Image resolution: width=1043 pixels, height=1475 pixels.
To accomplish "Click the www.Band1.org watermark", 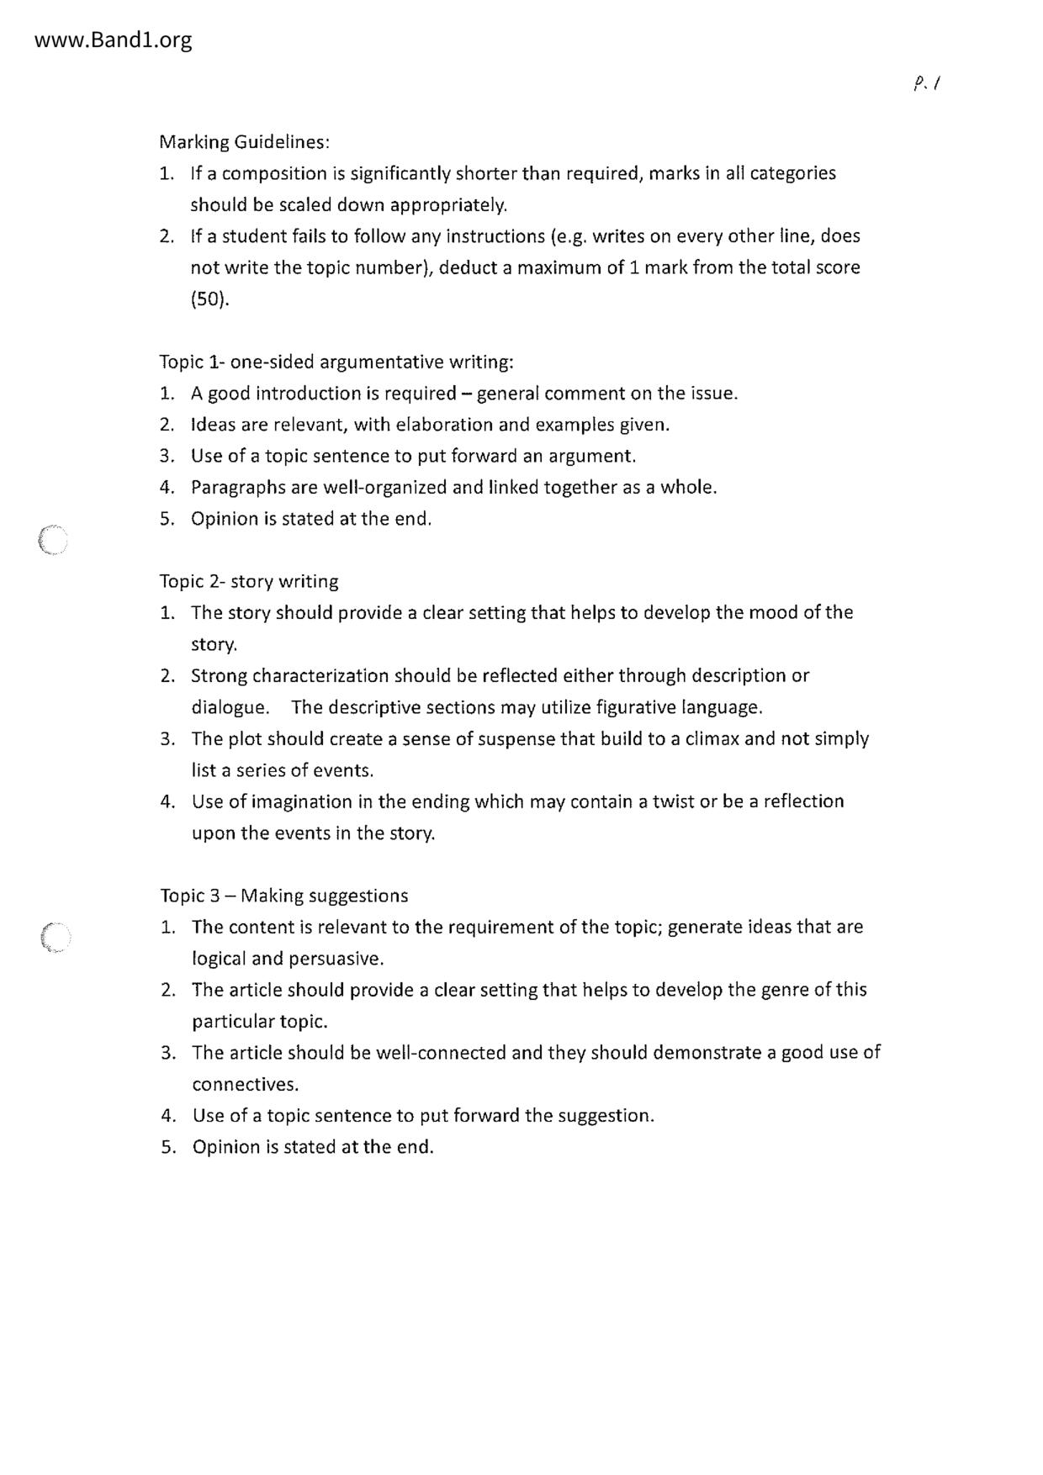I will tap(114, 40).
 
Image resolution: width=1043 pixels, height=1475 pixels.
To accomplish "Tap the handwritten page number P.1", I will tap(926, 83).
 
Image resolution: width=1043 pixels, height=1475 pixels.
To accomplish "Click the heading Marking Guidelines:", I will tap(245, 142).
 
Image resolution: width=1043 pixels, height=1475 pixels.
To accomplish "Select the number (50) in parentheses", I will tap(209, 299).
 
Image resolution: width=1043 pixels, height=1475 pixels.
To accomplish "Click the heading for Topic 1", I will tap(336, 362).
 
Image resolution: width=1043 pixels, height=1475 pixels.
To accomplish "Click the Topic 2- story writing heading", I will tap(249, 582).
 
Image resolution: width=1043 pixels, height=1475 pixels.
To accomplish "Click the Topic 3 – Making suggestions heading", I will tap(284, 896).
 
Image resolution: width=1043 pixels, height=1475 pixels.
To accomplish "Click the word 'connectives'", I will tap(245, 1085).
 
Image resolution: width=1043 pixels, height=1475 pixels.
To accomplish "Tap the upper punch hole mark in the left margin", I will tap(53, 540).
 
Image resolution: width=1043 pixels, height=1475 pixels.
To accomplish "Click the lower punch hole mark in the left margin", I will tap(56, 937).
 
